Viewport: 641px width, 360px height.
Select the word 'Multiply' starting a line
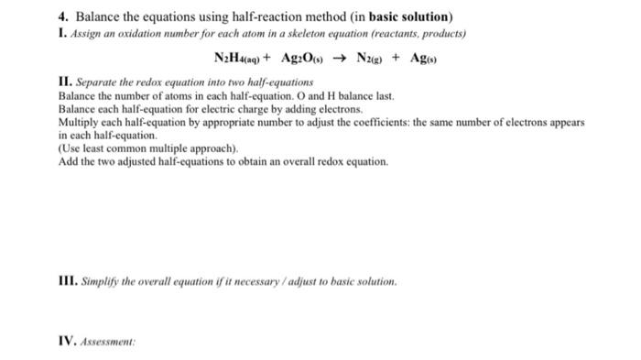coord(76,122)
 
